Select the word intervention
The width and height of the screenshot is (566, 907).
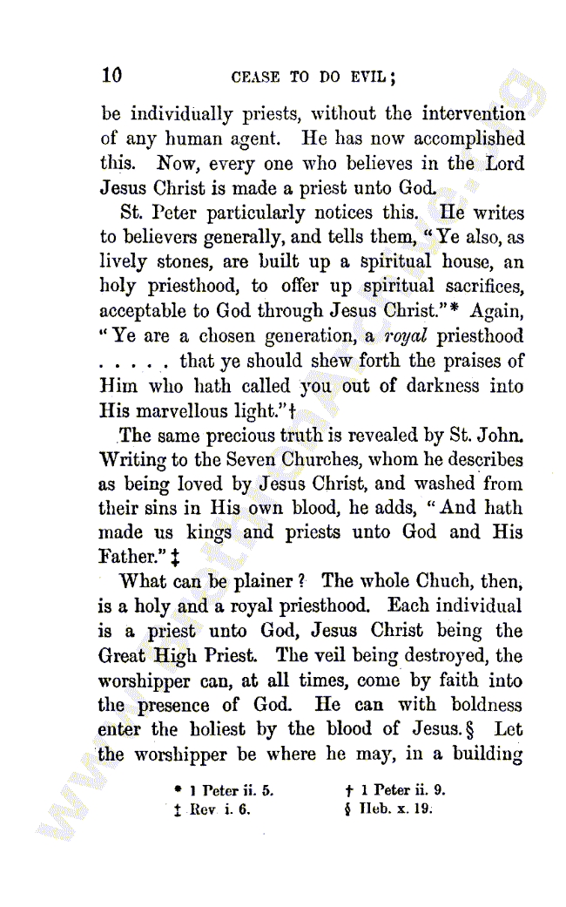click(474, 114)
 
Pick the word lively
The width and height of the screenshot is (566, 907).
click(125, 261)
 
